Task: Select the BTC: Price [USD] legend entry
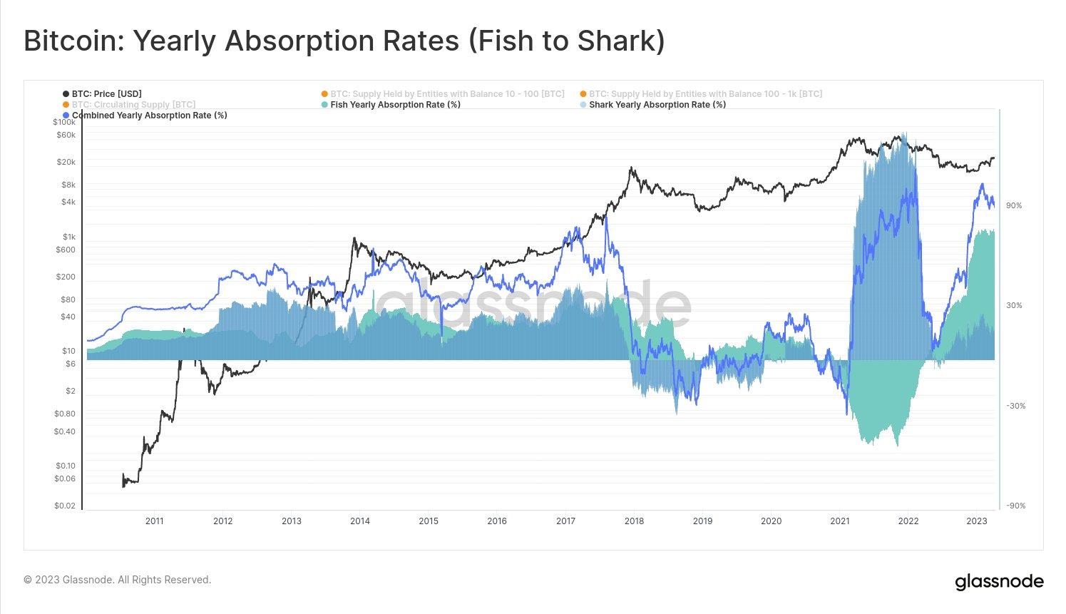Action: (106, 94)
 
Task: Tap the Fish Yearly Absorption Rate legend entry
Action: (395, 105)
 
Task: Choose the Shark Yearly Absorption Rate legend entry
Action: (657, 105)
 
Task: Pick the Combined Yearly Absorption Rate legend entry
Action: (149, 116)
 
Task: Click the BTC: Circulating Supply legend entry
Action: (133, 105)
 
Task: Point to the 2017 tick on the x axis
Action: (565, 521)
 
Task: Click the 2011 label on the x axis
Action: (155, 521)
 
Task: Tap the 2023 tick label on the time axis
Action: (977, 521)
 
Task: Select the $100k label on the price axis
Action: (64, 123)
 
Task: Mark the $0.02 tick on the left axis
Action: (65, 506)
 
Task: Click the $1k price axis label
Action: (68, 237)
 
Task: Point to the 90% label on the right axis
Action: (1014, 206)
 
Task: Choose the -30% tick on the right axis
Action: (1015, 406)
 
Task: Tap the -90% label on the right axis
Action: (1015, 506)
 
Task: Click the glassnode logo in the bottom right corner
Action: (999, 582)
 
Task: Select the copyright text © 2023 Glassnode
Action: (118, 580)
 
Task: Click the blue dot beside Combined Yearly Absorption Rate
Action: (66, 116)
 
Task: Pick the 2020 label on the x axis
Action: (771, 521)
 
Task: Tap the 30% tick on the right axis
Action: (1014, 306)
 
